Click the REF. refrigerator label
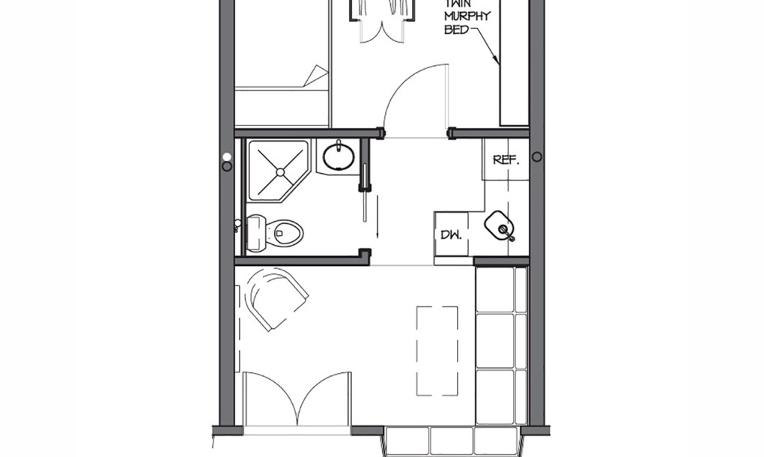tap(506, 160)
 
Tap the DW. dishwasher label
tap(451, 234)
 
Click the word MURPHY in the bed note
tap(467, 16)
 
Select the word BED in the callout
tap(456, 29)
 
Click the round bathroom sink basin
tap(338, 155)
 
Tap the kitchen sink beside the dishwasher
tap(500, 227)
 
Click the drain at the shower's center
tap(280, 172)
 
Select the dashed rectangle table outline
tap(437, 351)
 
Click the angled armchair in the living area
tap(278, 299)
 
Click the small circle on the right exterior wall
tap(536, 157)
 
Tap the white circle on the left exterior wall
tap(226, 157)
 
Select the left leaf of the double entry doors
tap(270, 399)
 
